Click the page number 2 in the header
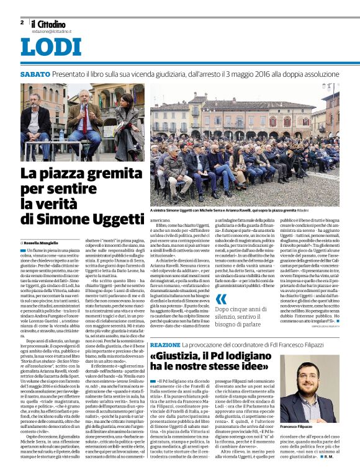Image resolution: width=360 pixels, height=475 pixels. [22, 22]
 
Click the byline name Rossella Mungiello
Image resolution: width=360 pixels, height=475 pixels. [45, 242]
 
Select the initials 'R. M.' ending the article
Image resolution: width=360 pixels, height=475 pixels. [345, 460]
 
